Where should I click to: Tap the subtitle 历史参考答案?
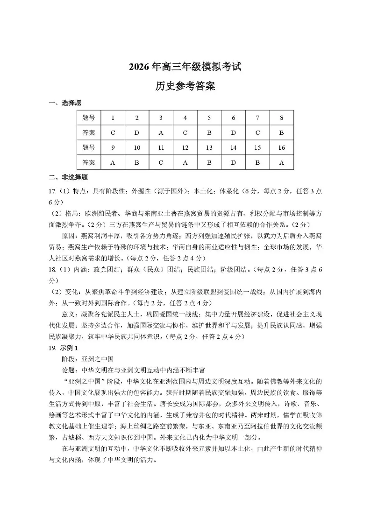click(x=185, y=86)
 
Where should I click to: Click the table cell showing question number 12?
click(x=185, y=147)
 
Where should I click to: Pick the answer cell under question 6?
click(x=234, y=133)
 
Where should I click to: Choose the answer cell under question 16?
click(x=282, y=162)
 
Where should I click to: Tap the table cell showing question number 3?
click(x=161, y=118)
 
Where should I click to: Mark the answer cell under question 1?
click(x=113, y=133)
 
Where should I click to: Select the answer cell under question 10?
click(x=137, y=162)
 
